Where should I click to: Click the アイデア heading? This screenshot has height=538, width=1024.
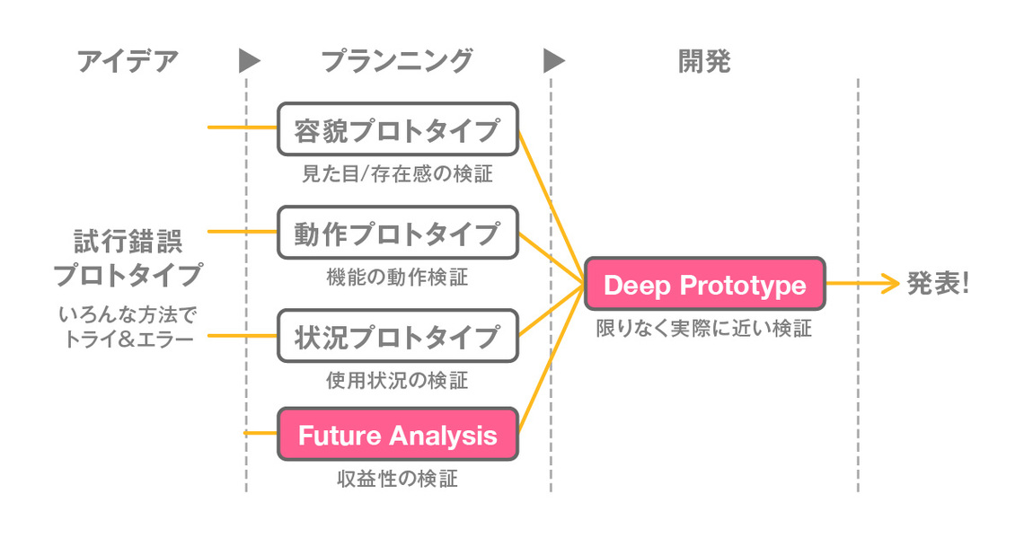pyautogui.click(x=128, y=61)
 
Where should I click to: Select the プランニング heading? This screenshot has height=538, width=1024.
pyautogui.click(x=396, y=61)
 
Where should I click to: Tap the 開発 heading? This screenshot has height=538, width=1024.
pyautogui.click(x=703, y=61)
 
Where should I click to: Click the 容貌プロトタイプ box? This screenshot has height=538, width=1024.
pyautogui.click(x=398, y=130)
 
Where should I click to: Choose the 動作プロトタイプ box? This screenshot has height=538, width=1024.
pyautogui.click(x=398, y=234)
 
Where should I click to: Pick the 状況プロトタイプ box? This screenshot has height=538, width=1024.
pyautogui.click(x=398, y=337)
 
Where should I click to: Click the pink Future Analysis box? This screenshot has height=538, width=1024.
pyautogui.click(x=398, y=436)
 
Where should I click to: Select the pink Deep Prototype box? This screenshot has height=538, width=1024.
pyautogui.click(x=704, y=285)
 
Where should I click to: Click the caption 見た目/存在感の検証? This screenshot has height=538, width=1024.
pyautogui.click(x=397, y=173)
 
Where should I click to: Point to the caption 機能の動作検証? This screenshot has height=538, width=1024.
pyautogui.click(x=397, y=278)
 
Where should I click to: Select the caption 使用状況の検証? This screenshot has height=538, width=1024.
pyautogui.click(x=397, y=381)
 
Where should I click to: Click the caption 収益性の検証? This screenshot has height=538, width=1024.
pyautogui.click(x=397, y=479)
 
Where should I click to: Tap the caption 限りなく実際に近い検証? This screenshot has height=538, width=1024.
pyautogui.click(x=704, y=329)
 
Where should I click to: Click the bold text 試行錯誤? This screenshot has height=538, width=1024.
pyautogui.click(x=128, y=242)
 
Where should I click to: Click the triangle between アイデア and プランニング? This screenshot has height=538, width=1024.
pyautogui.click(x=249, y=61)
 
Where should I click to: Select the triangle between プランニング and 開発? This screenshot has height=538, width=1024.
pyautogui.click(x=554, y=61)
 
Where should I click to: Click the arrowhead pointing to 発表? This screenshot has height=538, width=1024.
pyautogui.click(x=890, y=285)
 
